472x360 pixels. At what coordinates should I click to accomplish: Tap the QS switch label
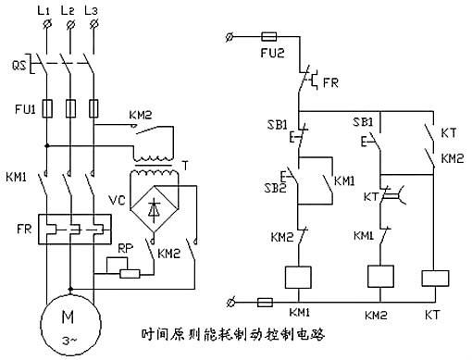(16, 66)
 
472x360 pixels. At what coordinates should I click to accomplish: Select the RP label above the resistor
(124, 248)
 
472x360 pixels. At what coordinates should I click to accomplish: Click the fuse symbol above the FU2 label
(269, 38)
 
